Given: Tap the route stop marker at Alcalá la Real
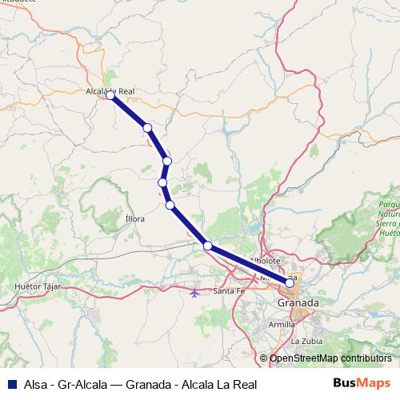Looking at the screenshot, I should click(x=110, y=96).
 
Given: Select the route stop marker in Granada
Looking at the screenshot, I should click(x=290, y=282).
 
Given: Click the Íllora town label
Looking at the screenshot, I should click(x=135, y=218).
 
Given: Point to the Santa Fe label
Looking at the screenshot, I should click(x=229, y=290).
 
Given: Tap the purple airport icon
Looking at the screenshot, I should click(x=196, y=291).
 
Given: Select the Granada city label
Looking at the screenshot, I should click(x=298, y=303).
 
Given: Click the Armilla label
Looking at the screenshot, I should click(x=282, y=325).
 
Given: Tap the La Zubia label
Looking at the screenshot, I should click(x=306, y=341).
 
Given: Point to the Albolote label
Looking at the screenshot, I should click(x=265, y=261).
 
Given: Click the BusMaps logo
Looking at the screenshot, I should click(x=362, y=382).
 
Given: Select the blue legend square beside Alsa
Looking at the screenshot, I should click(x=11, y=382).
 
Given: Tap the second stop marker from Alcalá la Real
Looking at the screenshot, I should click(x=147, y=128).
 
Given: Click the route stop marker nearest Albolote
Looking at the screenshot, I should click(x=208, y=246).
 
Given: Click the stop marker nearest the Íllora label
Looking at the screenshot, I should click(x=170, y=206).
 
